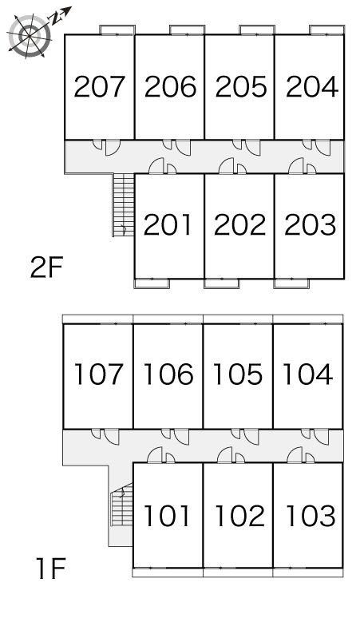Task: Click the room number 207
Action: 99,87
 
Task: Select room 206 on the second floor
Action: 170,87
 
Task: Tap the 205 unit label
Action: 240,87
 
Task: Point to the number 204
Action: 312,87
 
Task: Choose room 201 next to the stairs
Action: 168,224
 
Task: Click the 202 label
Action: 239,224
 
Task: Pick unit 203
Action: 310,224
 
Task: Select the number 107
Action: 98,374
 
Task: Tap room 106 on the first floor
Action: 168,374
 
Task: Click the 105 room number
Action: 238,374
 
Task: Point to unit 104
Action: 308,374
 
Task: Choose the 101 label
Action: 167,516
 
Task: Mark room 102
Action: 240,516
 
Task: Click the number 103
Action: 311,516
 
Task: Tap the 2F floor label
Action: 46,267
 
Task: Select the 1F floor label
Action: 50,568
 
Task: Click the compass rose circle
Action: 30,35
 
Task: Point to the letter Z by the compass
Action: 55,17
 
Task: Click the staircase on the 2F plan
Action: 124,205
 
